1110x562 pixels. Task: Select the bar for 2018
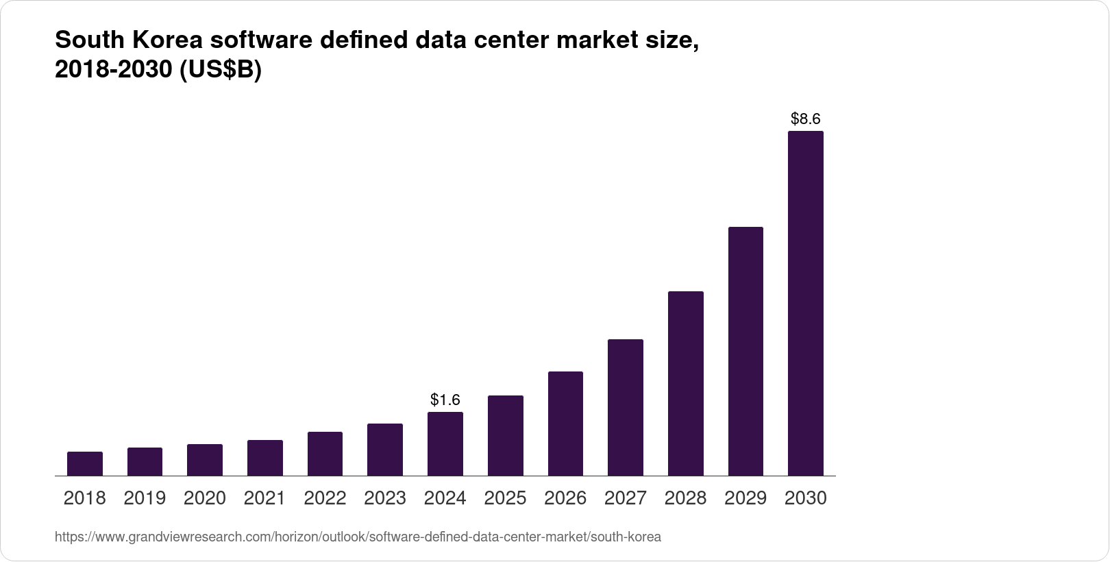[85, 464]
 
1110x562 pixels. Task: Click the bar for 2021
[265, 458]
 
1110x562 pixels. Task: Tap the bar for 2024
[445, 444]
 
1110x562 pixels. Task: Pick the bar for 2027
[625, 408]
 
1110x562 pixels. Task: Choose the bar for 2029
[745, 352]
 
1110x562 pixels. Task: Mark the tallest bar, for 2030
[806, 304]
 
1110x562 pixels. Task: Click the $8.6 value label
[806, 119]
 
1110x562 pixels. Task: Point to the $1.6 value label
[445, 400]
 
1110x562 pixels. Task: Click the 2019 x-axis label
[145, 498]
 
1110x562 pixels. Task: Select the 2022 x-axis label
[325, 498]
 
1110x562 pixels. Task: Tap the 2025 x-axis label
[505, 498]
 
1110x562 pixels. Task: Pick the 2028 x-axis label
[685, 498]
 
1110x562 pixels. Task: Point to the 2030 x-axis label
[806, 498]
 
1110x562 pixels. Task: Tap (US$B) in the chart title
[221, 71]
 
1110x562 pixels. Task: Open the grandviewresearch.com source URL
[358, 537]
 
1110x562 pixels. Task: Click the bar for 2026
[565, 424]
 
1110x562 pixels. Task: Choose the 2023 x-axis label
[385, 498]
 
